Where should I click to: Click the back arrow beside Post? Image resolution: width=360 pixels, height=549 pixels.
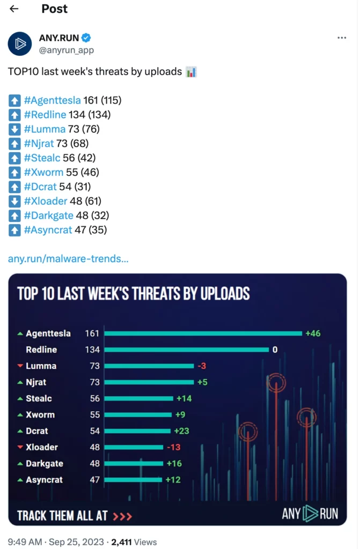pos(14,9)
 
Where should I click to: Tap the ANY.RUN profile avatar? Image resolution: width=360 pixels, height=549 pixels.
pos(20,43)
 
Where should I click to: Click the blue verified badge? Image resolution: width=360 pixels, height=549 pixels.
pos(86,38)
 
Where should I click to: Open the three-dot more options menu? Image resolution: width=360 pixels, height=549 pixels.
pos(342,38)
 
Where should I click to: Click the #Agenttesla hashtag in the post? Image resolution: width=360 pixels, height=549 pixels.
pos(53,100)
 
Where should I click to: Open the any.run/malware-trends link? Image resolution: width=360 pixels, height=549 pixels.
pos(68,259)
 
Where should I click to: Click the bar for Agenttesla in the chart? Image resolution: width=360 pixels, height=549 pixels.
pos(203,333)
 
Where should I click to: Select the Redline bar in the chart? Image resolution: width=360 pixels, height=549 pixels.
pos(186,350)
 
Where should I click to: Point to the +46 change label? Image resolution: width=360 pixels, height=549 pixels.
pos(313,333)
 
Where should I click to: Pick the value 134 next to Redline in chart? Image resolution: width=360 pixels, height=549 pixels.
pos(92,350)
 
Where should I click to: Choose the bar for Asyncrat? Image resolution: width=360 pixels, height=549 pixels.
pos(133,480)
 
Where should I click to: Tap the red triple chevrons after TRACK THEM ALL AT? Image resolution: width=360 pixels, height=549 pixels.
pos(122,516)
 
